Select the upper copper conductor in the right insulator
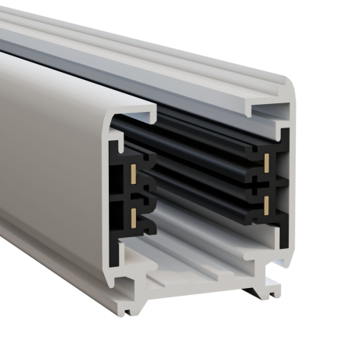click(x=267, y=163)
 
